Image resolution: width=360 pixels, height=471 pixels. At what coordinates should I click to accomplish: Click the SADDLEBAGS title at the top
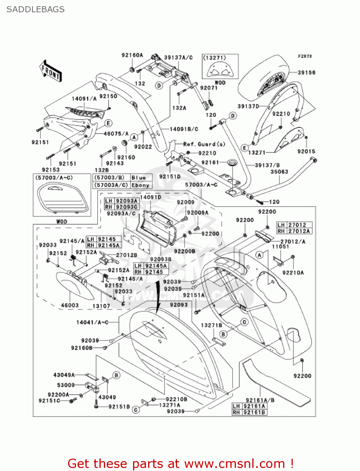tap(35, 9)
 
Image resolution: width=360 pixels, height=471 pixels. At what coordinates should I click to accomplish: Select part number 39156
tap(306, 73)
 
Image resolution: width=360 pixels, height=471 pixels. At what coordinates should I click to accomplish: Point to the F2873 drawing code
tap(305, 56)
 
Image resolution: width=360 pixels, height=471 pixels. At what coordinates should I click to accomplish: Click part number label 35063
tap(279, 172)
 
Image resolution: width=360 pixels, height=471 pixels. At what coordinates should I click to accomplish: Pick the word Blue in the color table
tap(138, 178)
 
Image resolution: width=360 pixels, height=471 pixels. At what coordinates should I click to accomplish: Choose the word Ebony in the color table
tap(140, 185)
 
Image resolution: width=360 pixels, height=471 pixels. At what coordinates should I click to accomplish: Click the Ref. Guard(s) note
tap(204, 144)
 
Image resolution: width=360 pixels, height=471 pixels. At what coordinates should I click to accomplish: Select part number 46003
tap(70, 305)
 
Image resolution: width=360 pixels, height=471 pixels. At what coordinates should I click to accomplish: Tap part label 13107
tap(101, 306)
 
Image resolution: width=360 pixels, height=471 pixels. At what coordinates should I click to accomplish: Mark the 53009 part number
tap(66, 385)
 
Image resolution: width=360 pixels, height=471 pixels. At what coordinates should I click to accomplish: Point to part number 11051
tap(280, 246)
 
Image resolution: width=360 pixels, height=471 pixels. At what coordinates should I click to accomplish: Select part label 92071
tap(209, 88)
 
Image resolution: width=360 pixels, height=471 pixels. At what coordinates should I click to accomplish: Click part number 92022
tap(143, 147)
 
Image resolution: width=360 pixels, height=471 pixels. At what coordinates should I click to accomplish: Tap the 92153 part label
tap(51, 170)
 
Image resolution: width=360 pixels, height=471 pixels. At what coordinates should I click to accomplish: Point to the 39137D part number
tap(248, 106)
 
